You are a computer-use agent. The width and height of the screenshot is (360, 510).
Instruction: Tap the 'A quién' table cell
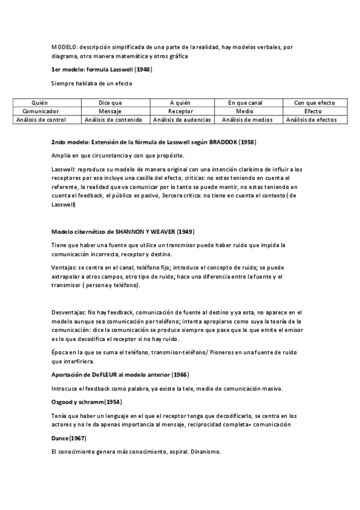click(181, 103)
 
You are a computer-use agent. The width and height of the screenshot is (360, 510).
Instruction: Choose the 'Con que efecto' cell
click(314, 103)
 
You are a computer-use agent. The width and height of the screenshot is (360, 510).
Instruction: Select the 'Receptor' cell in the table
click(181, 111)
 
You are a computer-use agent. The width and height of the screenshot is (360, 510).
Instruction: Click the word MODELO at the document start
click(61, 46)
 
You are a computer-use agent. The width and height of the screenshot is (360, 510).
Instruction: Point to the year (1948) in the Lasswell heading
click(143, 69)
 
